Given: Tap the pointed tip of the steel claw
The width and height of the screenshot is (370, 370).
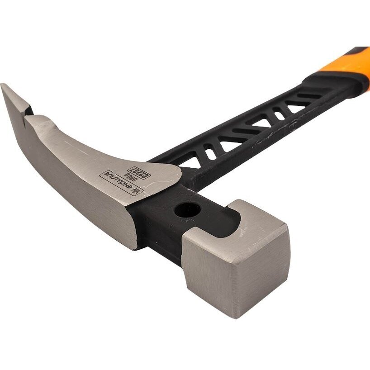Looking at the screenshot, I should click(x=4, y=86).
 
